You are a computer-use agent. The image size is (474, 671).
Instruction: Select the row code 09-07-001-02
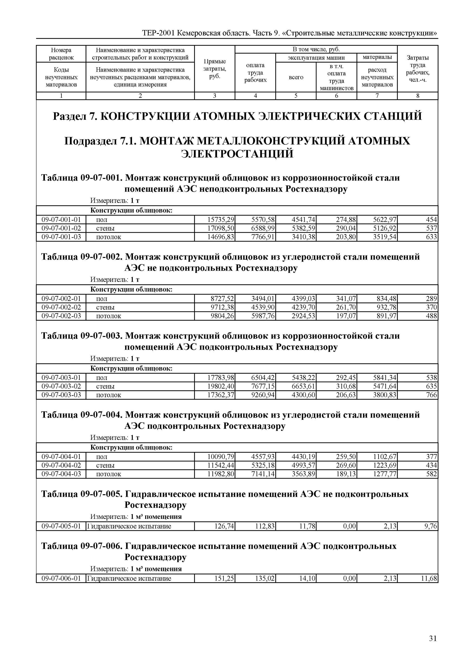pos(61,228)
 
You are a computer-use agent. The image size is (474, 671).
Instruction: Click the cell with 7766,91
pos(263,237)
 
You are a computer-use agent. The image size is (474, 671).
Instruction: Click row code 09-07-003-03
pos(61,395)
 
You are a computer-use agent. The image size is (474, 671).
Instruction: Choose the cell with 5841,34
pos(385,378)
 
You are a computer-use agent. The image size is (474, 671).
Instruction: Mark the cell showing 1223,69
pos(385,465)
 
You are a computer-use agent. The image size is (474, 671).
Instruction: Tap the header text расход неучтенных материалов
pos(377,77)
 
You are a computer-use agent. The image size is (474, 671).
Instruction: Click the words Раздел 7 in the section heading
pos(74,116)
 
